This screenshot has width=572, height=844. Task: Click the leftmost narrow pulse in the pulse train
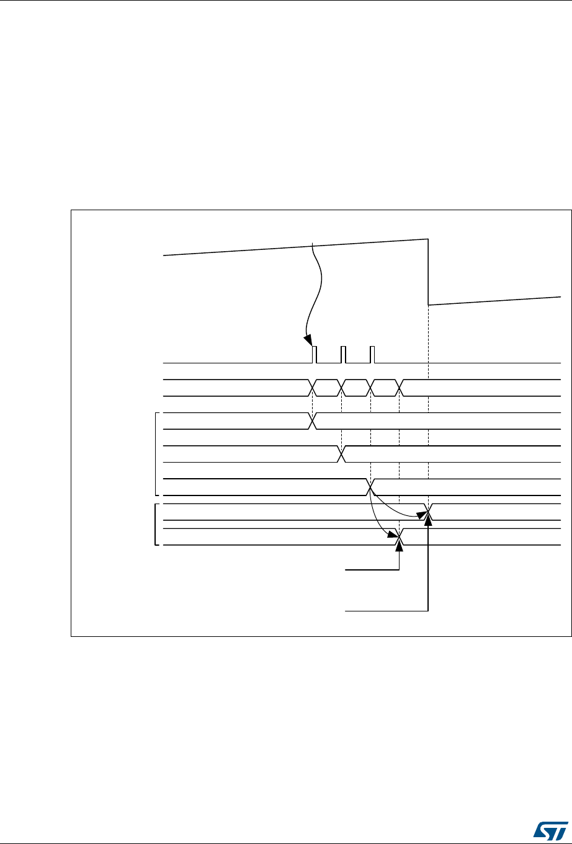pos(314,355)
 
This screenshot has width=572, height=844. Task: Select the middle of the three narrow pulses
pos(343,355)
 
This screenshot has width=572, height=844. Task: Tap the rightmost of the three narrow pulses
pos(372,355)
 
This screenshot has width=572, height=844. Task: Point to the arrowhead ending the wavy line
pos(308,339)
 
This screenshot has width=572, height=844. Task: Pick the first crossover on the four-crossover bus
pos(313,388)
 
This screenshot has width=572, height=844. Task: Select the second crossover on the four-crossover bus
pos(342,388)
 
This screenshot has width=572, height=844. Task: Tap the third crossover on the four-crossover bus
pos(371,388)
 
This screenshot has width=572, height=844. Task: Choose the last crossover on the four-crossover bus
pos(400,388)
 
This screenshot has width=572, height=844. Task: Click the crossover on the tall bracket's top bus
pos(313,420)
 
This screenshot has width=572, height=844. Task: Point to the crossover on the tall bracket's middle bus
pos(342,454)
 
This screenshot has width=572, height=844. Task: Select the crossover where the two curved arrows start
pos(371,487)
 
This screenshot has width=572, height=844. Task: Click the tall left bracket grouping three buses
pos(155,453)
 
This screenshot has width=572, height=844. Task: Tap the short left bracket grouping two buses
pos(153,525)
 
